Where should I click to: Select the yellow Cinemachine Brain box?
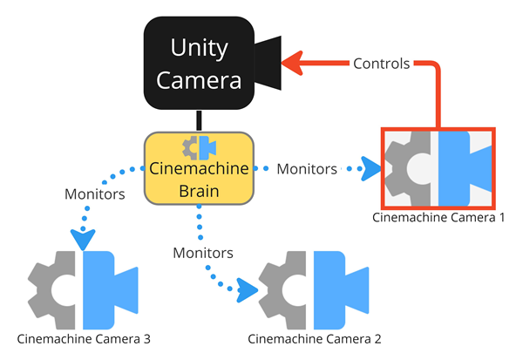tap(199, 167)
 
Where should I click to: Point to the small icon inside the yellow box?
tap(199, 146)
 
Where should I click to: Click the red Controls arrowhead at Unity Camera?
tap(295, 63)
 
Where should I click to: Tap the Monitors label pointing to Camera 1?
tap(306, 169)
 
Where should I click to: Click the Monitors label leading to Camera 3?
tap(94, 194)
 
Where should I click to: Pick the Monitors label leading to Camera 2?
tap(203, 253)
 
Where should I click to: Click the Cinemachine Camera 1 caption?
tap(438, 216)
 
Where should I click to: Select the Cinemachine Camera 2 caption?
tap(315, 338)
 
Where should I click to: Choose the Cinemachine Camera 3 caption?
tap(83, 337)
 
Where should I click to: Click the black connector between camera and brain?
tap(199, 121)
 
